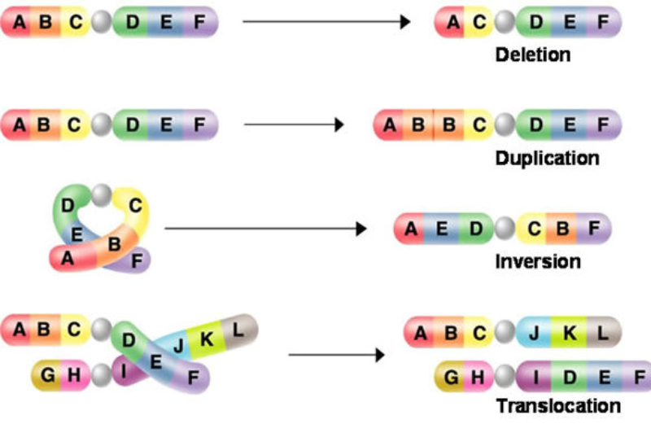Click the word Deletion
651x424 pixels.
533,56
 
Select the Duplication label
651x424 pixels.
547,158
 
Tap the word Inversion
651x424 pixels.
537,261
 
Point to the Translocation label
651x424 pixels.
558,405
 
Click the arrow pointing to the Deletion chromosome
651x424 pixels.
325,21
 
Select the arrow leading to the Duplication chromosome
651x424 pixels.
294,125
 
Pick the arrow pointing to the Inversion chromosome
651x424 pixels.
265,229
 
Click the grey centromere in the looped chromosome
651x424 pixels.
101,194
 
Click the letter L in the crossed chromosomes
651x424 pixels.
238,329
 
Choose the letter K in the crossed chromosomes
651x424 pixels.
206,339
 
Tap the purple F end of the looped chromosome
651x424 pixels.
135,261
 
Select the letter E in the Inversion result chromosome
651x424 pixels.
443,229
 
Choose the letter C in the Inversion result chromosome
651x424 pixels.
533,229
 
